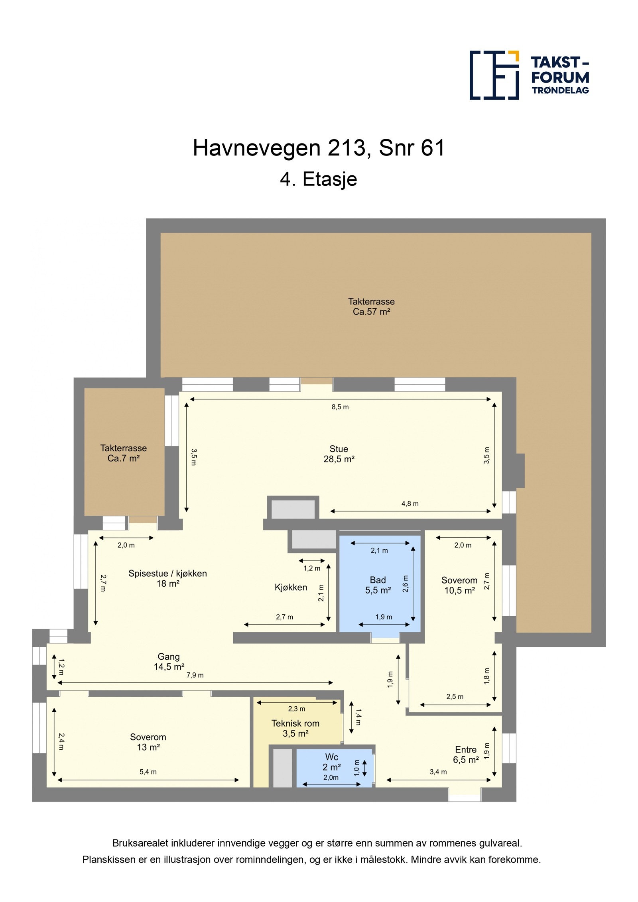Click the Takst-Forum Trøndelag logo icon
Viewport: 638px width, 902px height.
494,75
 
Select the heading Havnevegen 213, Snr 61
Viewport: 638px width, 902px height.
318,148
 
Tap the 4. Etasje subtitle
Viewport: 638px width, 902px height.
318,179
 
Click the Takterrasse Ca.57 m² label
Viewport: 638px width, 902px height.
371,307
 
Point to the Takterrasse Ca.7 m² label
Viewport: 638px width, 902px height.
123,453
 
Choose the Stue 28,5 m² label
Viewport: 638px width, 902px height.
339,454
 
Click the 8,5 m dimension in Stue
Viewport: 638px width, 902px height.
340,407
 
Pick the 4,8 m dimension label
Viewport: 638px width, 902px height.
410,504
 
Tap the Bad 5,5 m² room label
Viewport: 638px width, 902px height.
378,585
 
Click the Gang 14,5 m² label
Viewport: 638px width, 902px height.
169,662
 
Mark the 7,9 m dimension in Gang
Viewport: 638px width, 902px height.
195,675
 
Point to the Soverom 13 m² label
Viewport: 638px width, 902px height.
148,742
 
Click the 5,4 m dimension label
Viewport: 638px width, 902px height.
148,772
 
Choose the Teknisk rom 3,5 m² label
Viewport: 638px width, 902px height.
295,728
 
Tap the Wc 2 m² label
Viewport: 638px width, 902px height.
331,762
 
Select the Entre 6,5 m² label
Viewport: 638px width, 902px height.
465,755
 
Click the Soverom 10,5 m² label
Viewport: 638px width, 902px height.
459,585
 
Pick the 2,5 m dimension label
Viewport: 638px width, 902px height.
455,697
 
